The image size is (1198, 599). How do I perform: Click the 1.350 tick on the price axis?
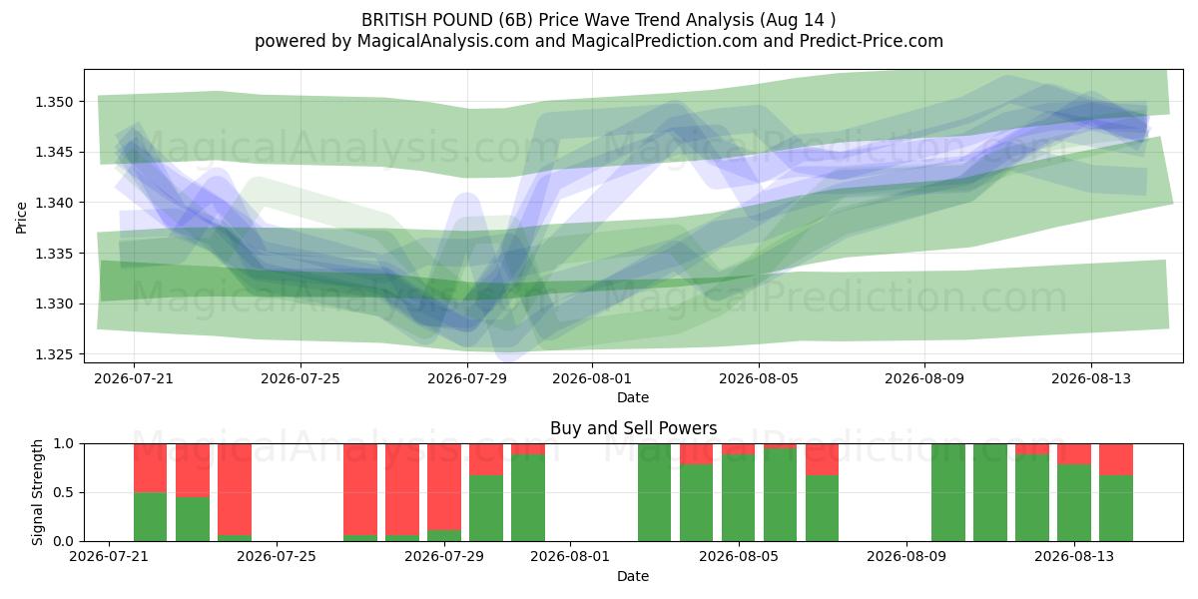[x=54, y=102]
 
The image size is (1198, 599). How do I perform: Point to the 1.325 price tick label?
[x=54, y=354]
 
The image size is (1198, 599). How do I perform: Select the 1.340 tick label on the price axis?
[x=54, y=203]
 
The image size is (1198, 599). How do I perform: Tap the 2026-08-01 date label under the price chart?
[x=592, y=378]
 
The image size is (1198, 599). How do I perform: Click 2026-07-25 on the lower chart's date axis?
[x=277, y=556]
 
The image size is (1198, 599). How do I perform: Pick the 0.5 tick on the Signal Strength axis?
[x=64, y=492]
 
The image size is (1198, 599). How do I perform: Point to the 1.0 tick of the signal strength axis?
[x=64, y=444]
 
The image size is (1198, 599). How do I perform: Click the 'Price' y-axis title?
[x=21, y=218]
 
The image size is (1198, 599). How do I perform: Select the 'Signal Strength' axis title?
[x=37, y=492]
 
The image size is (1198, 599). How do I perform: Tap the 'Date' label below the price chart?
[x=633, y=397]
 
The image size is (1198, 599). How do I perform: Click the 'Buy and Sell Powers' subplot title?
[x=633, y=428]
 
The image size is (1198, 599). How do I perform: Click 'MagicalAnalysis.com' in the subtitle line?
[x=443, y=41]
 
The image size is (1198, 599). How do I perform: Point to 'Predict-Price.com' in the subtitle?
[x=872, y=41]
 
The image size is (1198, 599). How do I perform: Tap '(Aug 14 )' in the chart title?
[x=797, y=20]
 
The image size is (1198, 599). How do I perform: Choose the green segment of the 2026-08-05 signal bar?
[x=739, y=497]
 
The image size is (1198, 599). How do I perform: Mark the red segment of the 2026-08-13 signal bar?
[x=1074, y=454]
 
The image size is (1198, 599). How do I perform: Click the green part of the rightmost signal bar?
[x=1116, y=508]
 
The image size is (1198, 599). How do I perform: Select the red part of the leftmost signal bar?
[x=151, y=468]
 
